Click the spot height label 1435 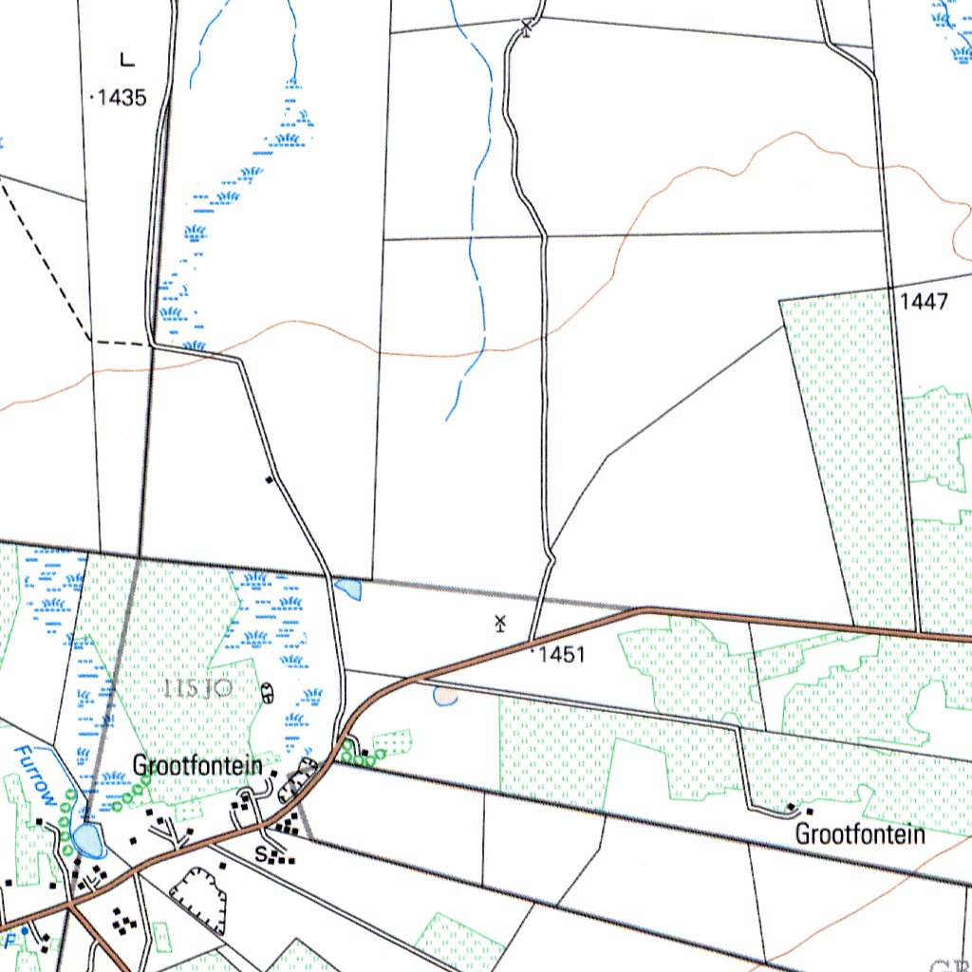pyautogui.click(x=122, y=97)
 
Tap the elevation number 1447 pyautogui.click(x=924, y=302)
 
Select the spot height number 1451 pyautogui.click(x=561, y=655)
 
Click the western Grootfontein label pyautogui.click(x=197, y=765)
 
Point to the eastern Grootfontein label pyautogui.click(x=860, y=835)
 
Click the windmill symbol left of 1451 pyautogui.click(x=500, y=624)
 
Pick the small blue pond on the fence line pyautogui.click(x=348, y=589)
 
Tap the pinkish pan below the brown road pyautogui.click(x=444, y=697)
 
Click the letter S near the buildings pyautogui.click(x=261, y=852)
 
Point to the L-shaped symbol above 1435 pyautogui.click(x=127, y=61)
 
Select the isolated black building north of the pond pyautogui.click(x=270, y=479)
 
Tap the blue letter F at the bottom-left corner pyautogui.click(x=12, y=940)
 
